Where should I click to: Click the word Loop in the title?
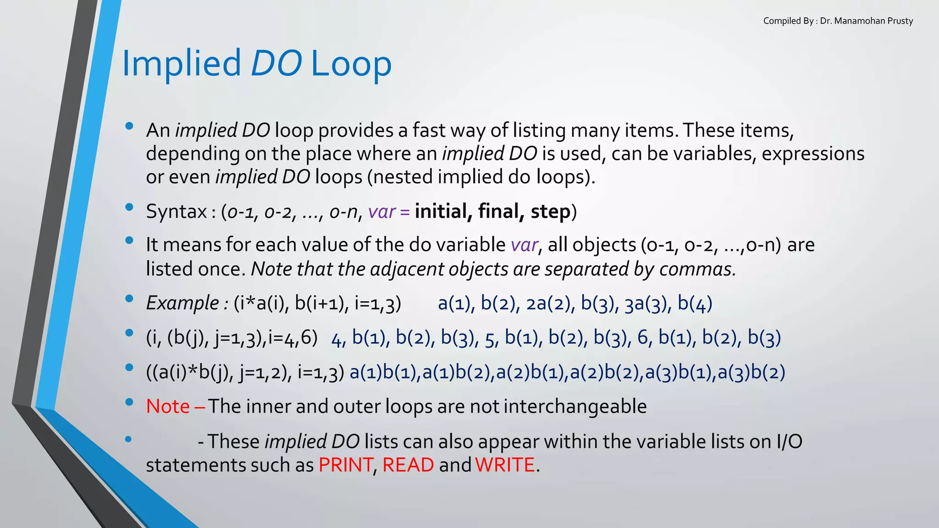[x=351, y=63]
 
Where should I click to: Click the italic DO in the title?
[x=276, y=63]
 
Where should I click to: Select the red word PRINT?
[x=345, y=465]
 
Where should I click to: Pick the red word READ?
[x=408, y=465]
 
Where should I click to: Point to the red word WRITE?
[x=505, y=465]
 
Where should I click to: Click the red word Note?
[x=168, y=407]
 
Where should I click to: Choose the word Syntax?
[x=177, y=212]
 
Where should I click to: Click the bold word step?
[x=550, y=212]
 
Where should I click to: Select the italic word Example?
[x=182, y=303]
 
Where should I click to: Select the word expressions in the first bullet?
[x=813, y=154]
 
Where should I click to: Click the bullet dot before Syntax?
[x=129, y=207]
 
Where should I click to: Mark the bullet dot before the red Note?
[x=129, y=402]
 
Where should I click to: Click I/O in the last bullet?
[x=789, y=441]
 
